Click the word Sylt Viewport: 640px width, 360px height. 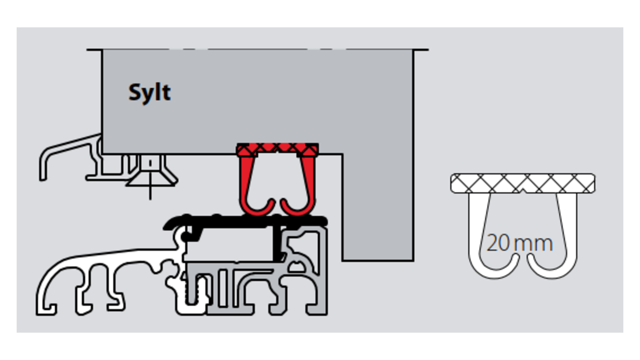tap(150, 92)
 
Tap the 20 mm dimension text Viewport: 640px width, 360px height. tap(520, 243)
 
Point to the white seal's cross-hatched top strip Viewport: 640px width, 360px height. tap(523, 183)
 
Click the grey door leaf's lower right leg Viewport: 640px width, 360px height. tap(378, 233)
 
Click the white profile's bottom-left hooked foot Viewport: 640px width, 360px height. tap(47, 308)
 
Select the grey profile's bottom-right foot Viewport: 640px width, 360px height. tap(317, 308)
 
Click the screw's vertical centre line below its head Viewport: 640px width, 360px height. tap(150, 193)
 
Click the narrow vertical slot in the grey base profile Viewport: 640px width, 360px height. tap(223, 288)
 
